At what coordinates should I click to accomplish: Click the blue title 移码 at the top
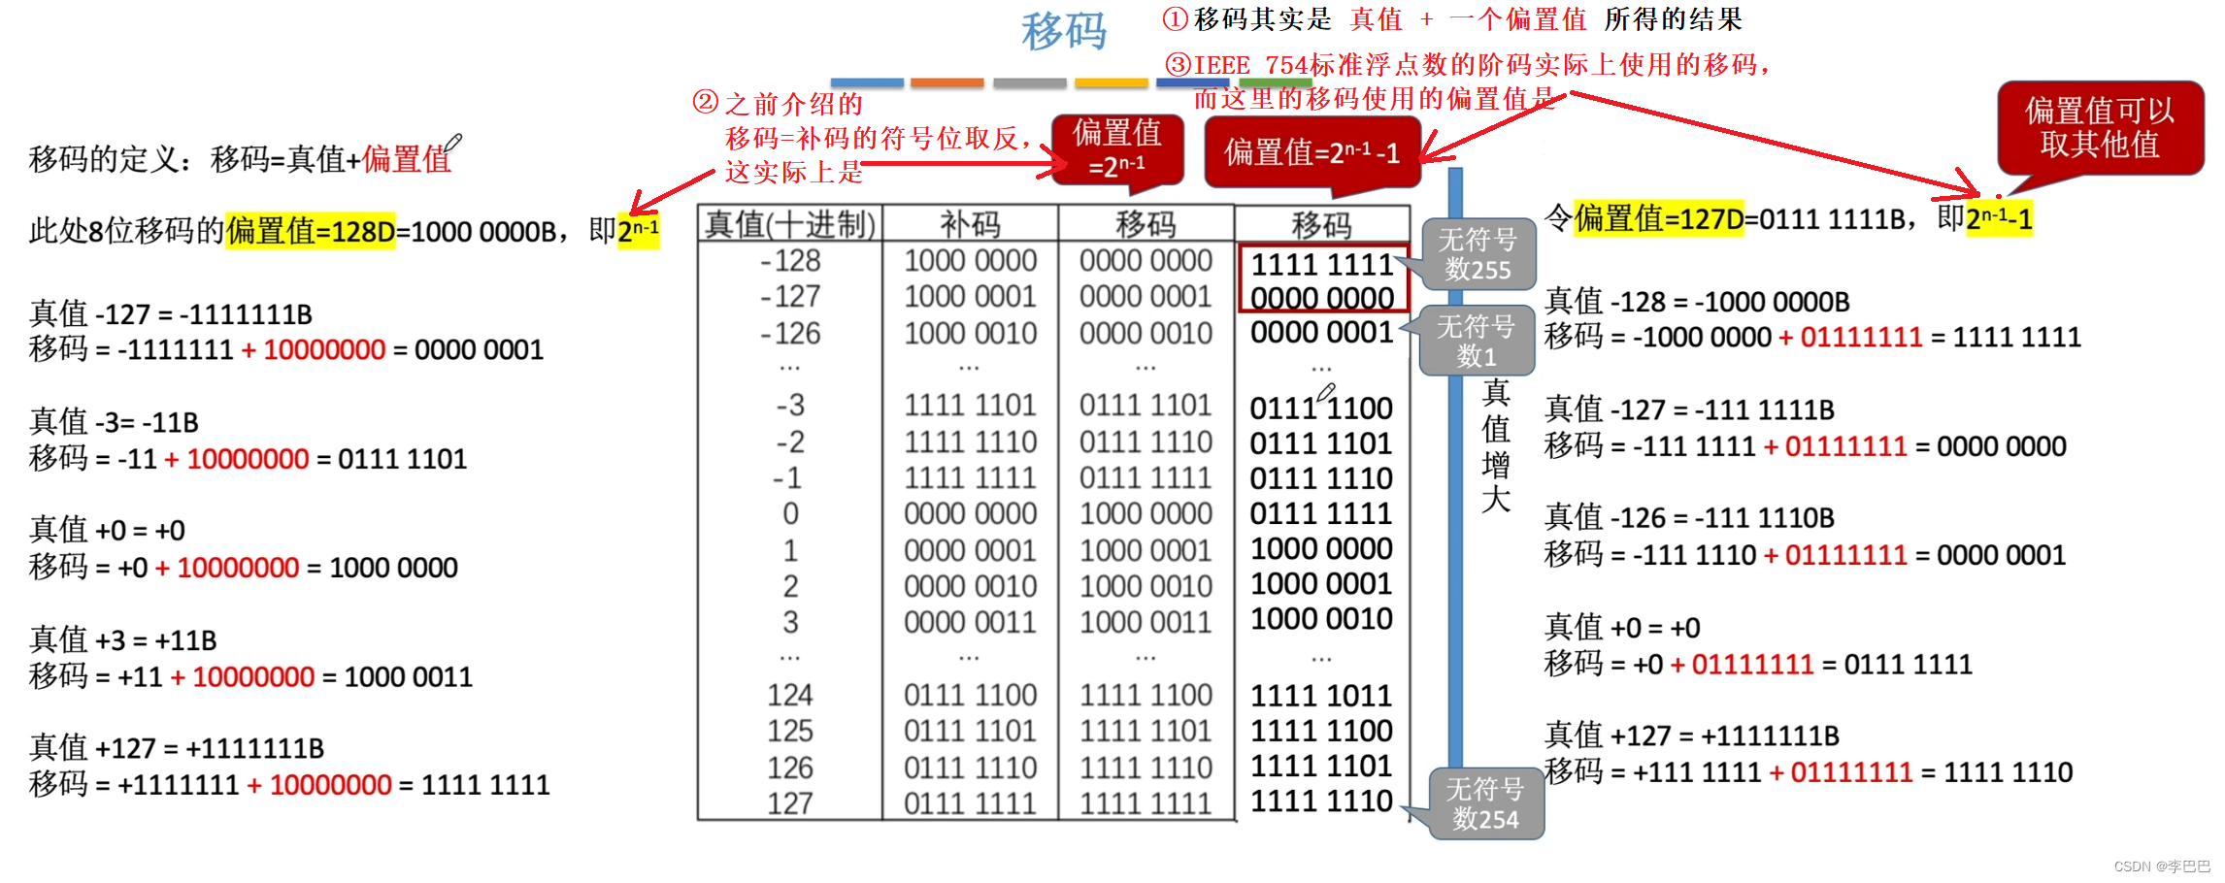click(x=1064, y=31)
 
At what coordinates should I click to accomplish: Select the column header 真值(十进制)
click(x=790, y=224)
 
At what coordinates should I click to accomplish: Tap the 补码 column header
click(x=970, y=224)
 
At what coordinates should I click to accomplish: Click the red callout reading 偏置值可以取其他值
click(x=2100, y=128)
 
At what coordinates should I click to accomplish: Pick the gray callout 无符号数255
click(x=1478, y=254)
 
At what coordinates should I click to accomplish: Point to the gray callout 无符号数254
click(x=1485, y=803)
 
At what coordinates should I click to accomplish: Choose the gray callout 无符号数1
click(x=1476, y=341)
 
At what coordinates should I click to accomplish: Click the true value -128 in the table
click(x=790, y=261)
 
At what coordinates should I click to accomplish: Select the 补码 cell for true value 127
click(x=970, y=803)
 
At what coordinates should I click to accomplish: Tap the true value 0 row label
click(x=790, y=513)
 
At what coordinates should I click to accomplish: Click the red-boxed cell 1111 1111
click(x=1322, y=264)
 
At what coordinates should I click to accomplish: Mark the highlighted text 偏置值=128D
click(x=311, y=231)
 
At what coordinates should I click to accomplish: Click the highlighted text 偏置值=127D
click(x=1659, y=219)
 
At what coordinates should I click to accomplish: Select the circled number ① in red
click(x=1175, y=18)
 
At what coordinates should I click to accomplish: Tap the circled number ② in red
click(x=706, y=102)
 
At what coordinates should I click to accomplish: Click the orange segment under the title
click(x=946, y=82)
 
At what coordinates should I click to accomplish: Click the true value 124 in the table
click(x=790, y=695)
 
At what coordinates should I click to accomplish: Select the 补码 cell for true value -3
click(x=970, y=405)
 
